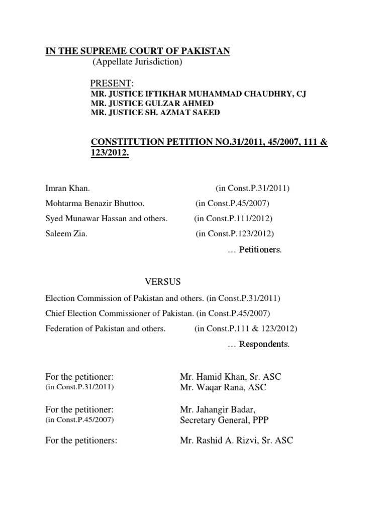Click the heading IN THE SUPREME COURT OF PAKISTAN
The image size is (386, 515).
138,51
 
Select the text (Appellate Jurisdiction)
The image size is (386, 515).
137,62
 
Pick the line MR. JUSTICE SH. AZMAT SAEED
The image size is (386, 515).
155,113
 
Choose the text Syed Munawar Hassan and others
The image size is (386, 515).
106,218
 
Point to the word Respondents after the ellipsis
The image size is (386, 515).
264,345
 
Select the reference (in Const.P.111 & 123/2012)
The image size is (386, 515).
246,328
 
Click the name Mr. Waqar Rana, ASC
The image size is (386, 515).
223,387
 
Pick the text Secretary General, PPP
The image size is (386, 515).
220,420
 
